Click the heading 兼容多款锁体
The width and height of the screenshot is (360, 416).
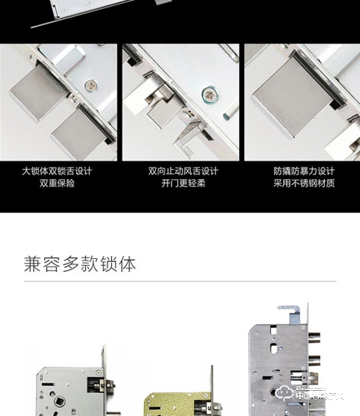[80, 264]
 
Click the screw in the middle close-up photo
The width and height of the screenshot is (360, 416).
[207, 94]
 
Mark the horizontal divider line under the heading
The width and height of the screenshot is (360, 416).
[180, 281]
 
